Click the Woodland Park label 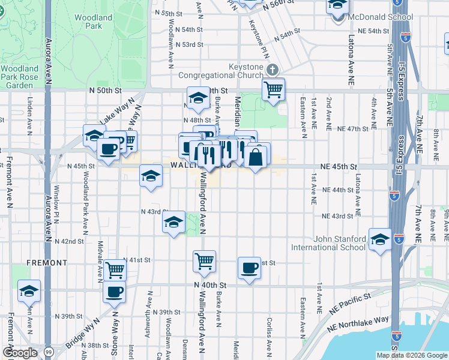[94, 22]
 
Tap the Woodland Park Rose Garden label [20, 77]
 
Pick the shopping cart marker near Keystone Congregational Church [274, 89]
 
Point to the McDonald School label [371, 17]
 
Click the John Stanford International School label [328, 242]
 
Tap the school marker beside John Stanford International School [380, 240]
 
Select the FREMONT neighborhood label [47, 263]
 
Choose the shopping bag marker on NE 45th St [256, 157]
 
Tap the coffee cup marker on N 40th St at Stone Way [114, 293]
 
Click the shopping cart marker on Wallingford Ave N [204, 261]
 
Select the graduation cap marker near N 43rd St [173, 223]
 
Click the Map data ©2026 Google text [410, 355]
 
